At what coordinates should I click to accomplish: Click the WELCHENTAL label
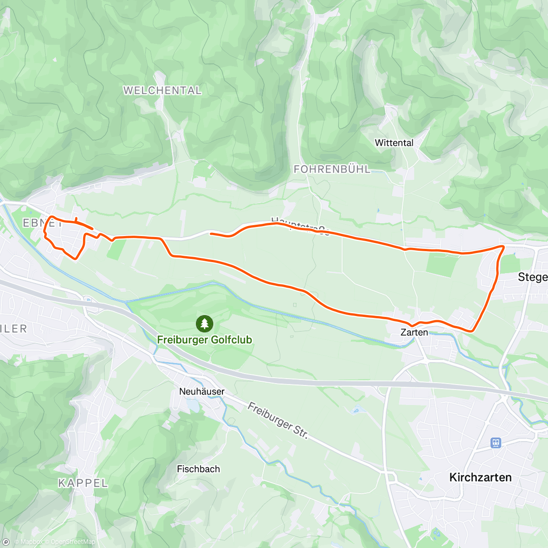tap(162, 90)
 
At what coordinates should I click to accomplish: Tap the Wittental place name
tap(394, 143)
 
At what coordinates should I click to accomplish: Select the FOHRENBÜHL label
tap(332, 169)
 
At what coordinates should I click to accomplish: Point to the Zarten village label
tap(414, 332)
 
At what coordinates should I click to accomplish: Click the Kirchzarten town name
tap(480, 478)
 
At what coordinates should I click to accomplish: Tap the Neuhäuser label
tap(201, 392)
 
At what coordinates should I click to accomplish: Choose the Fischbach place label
tap(198, 469)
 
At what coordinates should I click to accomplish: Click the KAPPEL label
tap(83, 483)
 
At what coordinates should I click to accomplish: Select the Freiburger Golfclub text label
tap(205, 340)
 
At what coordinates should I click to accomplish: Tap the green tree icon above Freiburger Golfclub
tap(204, 324)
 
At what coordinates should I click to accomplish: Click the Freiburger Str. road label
tap(278, 421)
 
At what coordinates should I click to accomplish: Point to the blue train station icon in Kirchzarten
tap(496, 443)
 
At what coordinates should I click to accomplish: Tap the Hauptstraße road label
tap(300, 226)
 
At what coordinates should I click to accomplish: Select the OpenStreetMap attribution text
tap(73, 542)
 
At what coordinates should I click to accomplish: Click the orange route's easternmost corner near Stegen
tap(503, 247)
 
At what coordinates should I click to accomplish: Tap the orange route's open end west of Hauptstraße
tap(211, 234)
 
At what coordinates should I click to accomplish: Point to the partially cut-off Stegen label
tap(532, 277)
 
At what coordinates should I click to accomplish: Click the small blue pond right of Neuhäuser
tap(193, 405)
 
